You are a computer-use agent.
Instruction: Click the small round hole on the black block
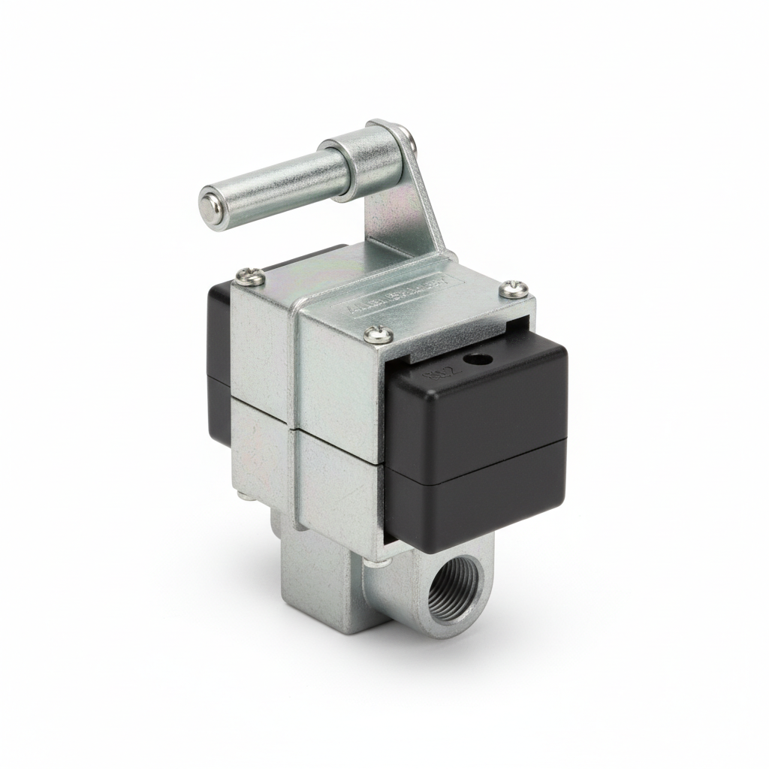point(473,359)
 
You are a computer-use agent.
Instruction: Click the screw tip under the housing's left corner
point(246,494)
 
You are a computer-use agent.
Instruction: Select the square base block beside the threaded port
point(319,586)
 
